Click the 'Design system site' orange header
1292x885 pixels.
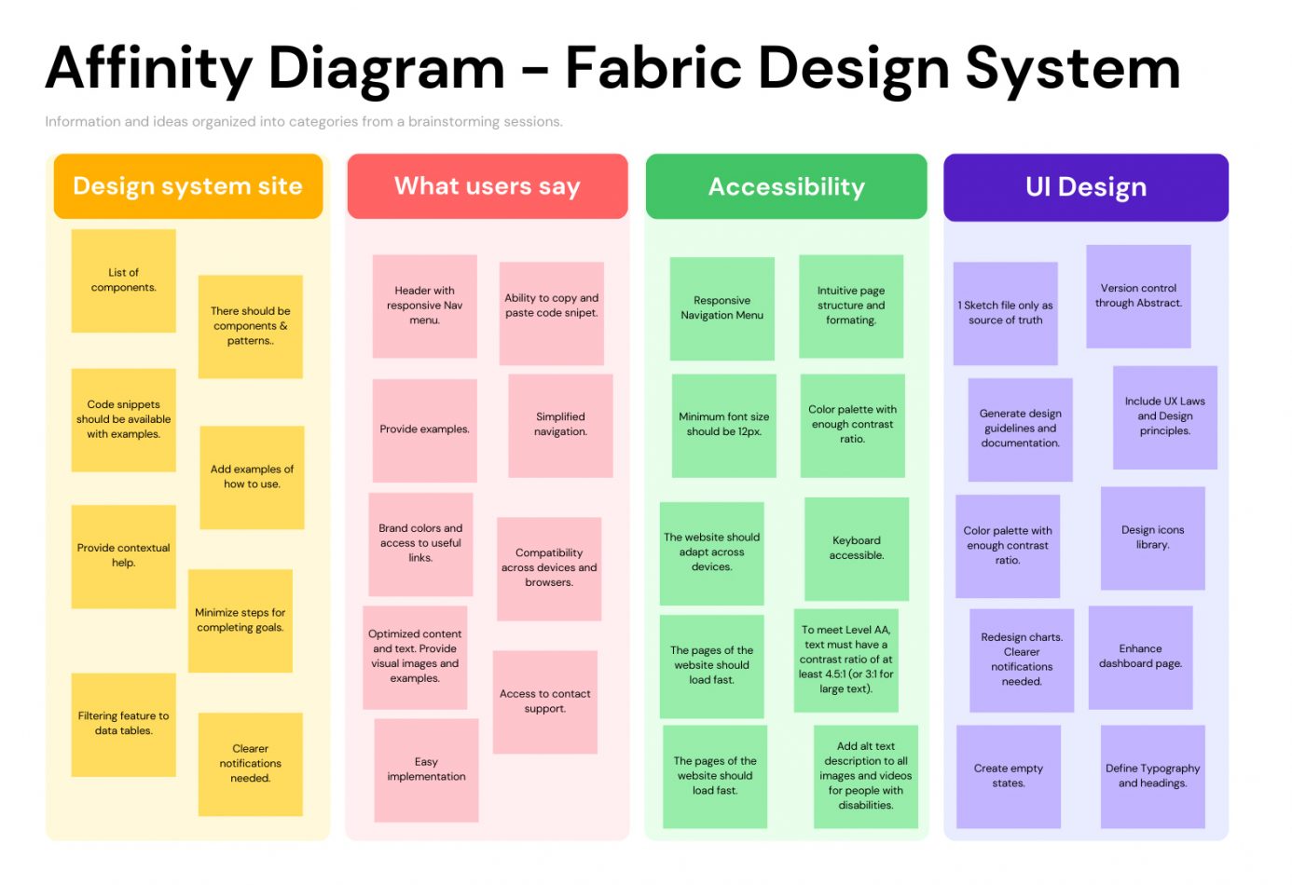pyautogui.click(x=188, y=186)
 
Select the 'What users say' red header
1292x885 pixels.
pyautogui.click(x=488, y=186)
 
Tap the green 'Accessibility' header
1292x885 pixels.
pyautogui.click(x=787, y=187)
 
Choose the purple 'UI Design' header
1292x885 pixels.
pyautogui.click(x=1086, y=187)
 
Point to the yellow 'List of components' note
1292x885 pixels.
pyautogui.click(x=124, y=280)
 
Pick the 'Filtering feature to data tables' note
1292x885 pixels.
pyautogui.click(x=124, y=724)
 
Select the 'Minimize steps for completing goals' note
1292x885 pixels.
pyautogui.click(x=241, y=620)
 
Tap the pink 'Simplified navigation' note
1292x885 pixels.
pyautogui.click(x=560, y=425)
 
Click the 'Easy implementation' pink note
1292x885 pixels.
pyautogui.click(x=426, y=769)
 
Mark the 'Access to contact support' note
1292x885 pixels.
pyautogui.click(x=545, y=701)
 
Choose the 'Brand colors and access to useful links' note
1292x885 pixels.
pyautogui.click(x=420, y=544)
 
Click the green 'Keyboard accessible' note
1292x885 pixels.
pyautogui.click(x=857, y=548)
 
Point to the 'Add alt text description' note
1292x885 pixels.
pyautogui.click(x=866, y=776)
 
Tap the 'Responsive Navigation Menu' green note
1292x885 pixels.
pyautogui.click(x=722, y=308)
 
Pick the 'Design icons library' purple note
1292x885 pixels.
pyautogui.click(x=1153, y=538)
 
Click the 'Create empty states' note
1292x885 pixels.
pyautogui.click(x=1009, y=776)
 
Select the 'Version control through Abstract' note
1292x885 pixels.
pyautogui.click(x=1138, y=296)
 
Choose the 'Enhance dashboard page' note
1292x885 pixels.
pyautogui.click(x=1141, y=657)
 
